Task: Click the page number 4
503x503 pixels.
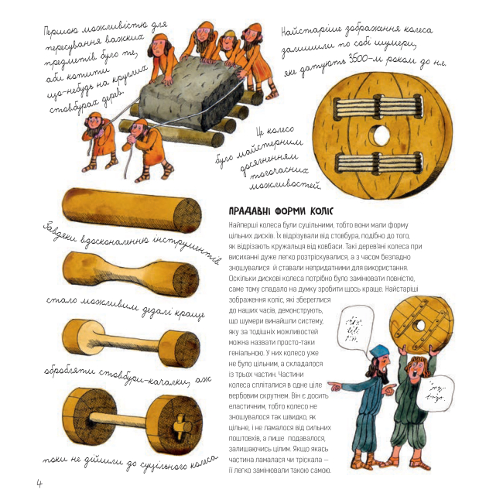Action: (x=38, y=482)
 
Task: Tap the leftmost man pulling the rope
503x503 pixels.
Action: (x=100, y=139)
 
